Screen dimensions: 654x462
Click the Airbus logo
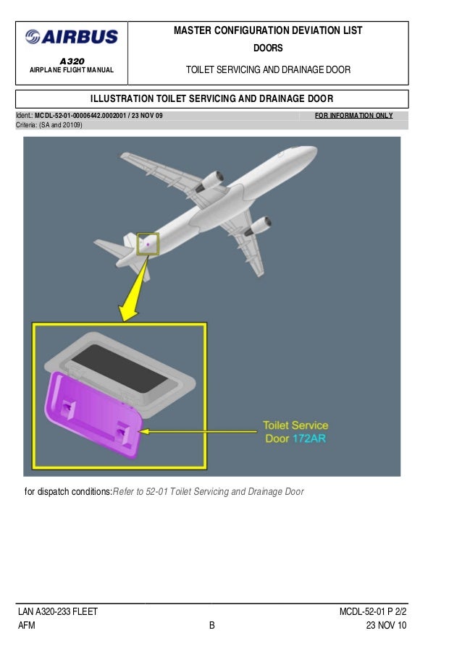click(x=72, y=36)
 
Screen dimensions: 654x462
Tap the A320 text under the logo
click(x=71, y=60)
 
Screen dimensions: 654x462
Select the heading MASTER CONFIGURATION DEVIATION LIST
click(x=268, y=30)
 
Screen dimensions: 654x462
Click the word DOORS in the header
click(x=268, y=48)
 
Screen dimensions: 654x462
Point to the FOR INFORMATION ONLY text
click(x=354, y=115)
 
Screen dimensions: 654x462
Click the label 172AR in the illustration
click(x=309, y=438)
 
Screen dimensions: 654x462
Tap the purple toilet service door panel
click(x=94, y=414)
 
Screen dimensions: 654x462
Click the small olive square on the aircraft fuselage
click(x=148, y=244)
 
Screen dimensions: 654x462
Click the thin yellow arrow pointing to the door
click(x=196, y=430)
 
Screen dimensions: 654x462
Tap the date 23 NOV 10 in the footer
click(x=387, y=626)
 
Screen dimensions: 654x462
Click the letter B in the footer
click(x=212, y=626)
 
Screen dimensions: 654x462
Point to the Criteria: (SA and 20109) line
click(x=49, y=125)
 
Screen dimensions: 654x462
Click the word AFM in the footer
click(x=27, y=626)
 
